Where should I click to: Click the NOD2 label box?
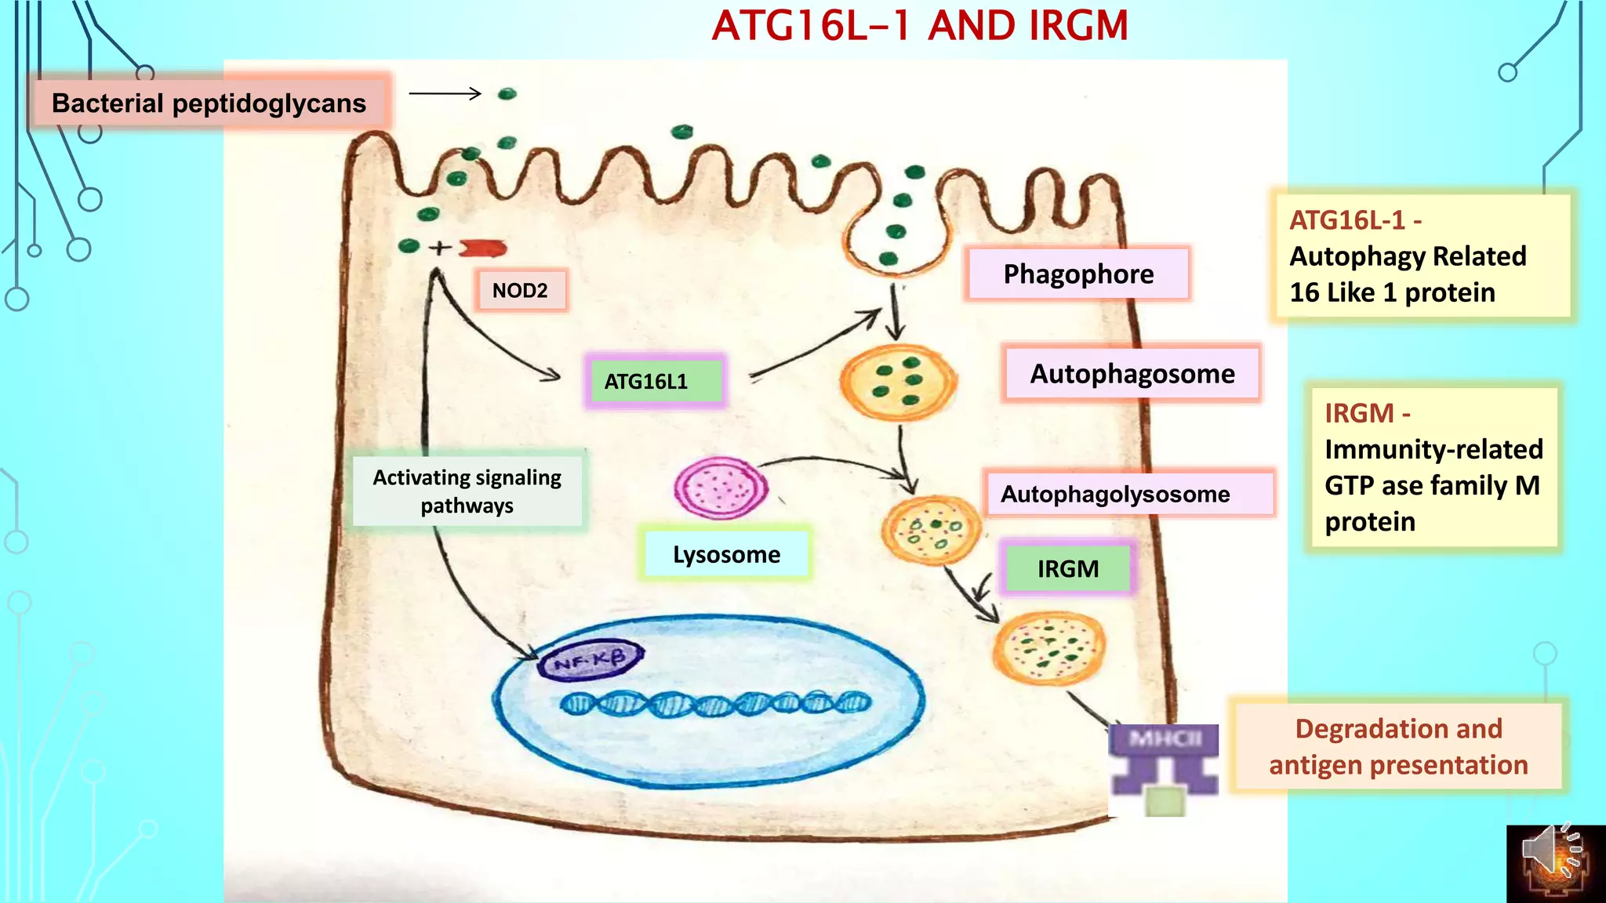[520, 291]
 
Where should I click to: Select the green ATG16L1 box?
[656, 382]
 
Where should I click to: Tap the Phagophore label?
[1078, 274]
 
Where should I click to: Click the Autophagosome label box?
[1132, 374]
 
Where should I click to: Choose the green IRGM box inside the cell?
[1068, 568]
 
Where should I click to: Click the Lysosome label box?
[726, 554]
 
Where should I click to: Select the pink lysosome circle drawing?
[721, 488]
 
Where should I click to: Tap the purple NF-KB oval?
[590, 660]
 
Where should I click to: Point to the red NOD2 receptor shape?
[482, 248]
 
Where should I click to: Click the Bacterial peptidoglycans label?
[209, 103]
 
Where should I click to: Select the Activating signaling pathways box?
[467, 491]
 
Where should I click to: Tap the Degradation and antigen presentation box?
[1397, 746]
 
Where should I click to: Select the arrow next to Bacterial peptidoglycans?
[445, 94]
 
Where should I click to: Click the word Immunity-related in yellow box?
[1433, 450]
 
